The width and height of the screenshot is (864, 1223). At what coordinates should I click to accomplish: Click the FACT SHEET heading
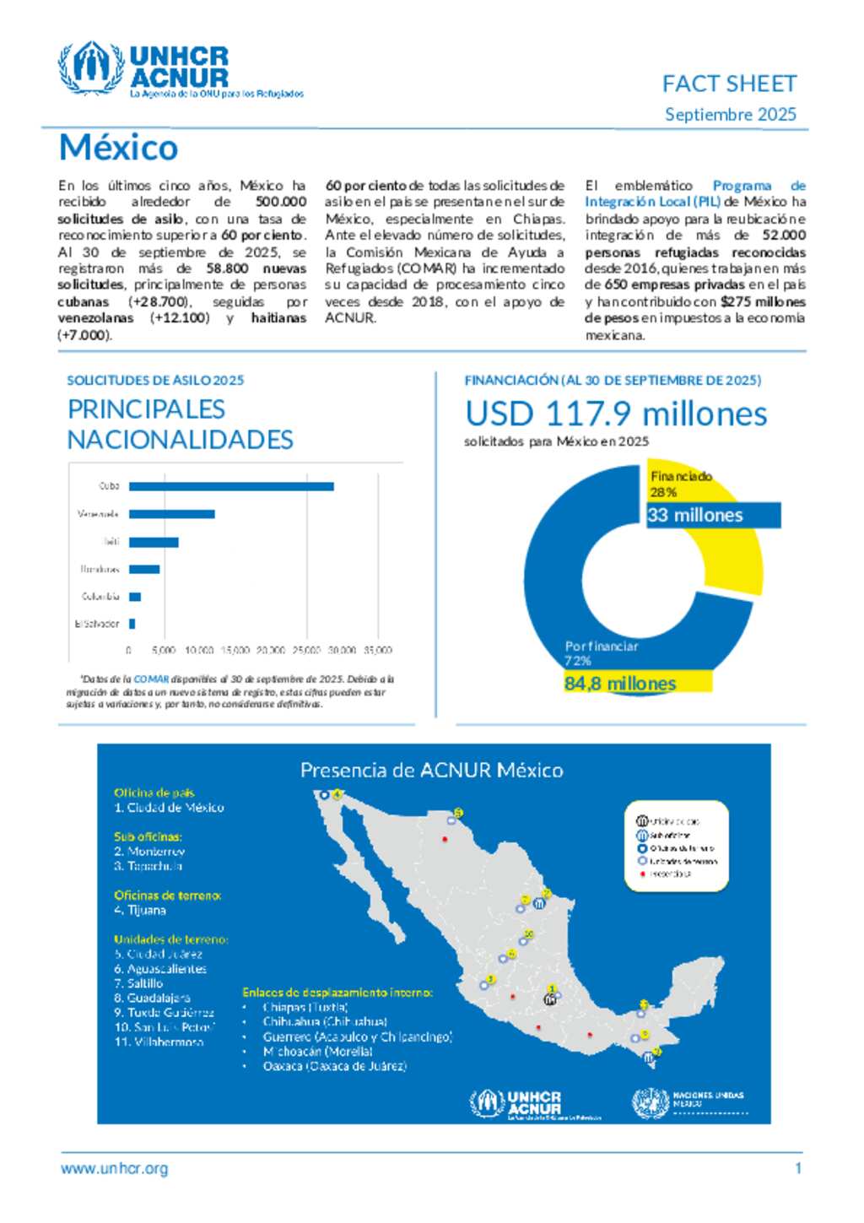point(729,84)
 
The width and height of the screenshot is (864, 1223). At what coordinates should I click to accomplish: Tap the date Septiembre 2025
point(730,115)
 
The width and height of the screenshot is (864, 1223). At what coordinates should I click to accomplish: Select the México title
point(119,148)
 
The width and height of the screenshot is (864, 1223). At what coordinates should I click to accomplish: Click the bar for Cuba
point(231,486)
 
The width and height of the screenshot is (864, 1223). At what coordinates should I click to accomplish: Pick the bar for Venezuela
point(172,514)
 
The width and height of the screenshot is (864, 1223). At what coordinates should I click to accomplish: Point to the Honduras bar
point(144,569)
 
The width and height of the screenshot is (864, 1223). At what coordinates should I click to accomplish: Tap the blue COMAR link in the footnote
point(151,679)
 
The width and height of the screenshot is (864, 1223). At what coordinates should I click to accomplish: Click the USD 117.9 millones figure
point(616,414)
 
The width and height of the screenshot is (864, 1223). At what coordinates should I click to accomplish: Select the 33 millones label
point(695,515)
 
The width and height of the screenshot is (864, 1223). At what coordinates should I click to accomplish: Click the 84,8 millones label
point(620,683)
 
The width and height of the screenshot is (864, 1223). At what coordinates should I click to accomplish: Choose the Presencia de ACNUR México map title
point(432,770)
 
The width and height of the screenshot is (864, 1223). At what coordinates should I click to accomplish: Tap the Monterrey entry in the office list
point(150,852)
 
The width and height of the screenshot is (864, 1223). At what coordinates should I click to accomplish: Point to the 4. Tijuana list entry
point(140,910)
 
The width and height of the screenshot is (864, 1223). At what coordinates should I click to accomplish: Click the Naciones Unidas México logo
point(688,1102)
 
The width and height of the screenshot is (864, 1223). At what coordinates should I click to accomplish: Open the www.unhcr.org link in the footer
point(115,1169)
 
